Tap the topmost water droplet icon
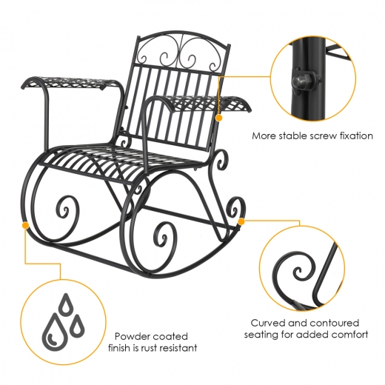point(66,305)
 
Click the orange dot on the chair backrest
point(218,118)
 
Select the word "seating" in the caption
point(261,335)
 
